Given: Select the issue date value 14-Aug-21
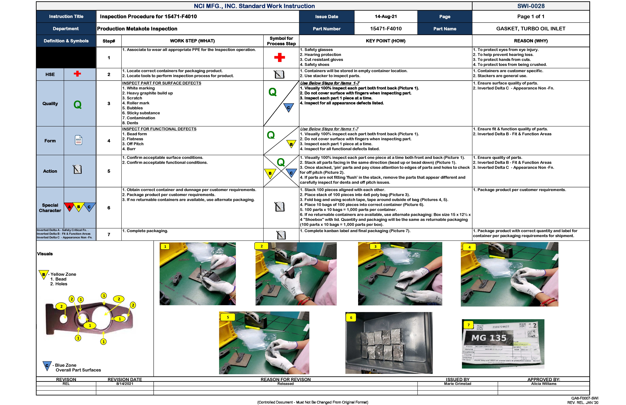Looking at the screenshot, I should (385, 17).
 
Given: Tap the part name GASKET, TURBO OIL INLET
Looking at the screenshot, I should (530, 29).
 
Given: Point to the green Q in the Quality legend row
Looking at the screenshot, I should (77, 105).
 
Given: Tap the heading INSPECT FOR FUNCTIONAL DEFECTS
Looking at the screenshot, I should (159, 129).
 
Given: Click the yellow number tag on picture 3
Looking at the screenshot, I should (375, 246).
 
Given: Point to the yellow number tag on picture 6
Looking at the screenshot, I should (351, 317).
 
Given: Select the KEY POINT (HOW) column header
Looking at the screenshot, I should (385, 41).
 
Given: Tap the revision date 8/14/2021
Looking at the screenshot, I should (125, 384).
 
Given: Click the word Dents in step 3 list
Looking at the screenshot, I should (132, 123).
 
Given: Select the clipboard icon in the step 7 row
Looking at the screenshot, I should (281, 235).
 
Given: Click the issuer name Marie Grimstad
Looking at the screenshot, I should (457, 384).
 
